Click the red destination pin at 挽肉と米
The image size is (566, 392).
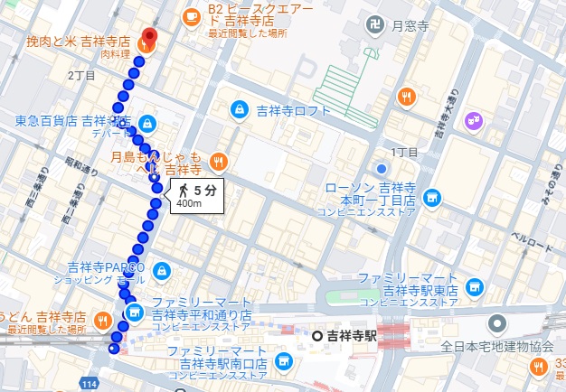tap(148, 41)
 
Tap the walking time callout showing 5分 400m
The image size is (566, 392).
tap(194, 195)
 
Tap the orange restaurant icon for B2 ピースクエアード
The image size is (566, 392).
tap(192, 16)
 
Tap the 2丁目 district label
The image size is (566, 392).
tap(81, 75)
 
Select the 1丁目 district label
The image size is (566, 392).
tap(404, 152)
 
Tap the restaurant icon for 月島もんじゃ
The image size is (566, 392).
tap(218, 163)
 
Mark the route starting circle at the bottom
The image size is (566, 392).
tap(113, 349)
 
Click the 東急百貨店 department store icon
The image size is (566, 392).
tap(146, 122)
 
